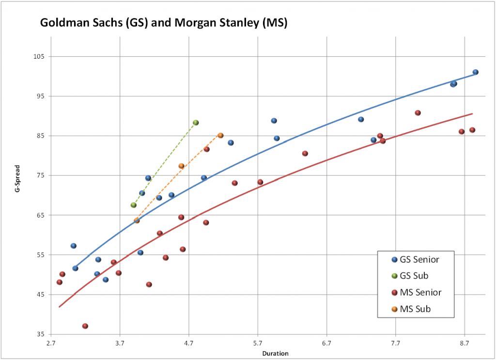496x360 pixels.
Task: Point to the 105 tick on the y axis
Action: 39,56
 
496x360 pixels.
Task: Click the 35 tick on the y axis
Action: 41,334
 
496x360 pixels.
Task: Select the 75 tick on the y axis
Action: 41,175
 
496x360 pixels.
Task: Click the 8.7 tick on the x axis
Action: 465,342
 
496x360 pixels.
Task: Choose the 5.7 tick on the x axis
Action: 258,342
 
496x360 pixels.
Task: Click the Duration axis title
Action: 275,353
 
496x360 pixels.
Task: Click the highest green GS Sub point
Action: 196,123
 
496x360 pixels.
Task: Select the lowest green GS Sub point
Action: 134,205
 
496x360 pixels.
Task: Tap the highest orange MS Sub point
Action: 220,136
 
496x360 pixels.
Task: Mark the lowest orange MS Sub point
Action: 137,220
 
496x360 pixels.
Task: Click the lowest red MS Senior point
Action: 85,326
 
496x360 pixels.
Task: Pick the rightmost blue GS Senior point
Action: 476,72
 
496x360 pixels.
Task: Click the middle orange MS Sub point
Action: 182,166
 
